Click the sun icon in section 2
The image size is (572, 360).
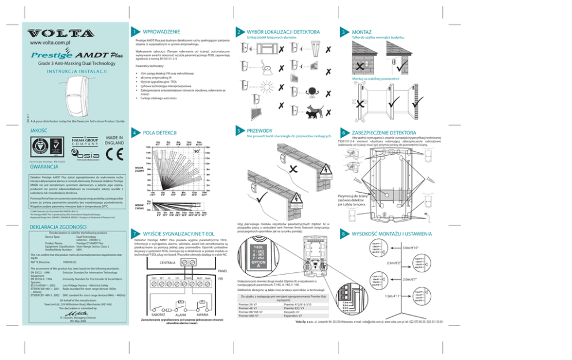[x=271, y=90]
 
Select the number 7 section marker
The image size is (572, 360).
[x=134, y=237]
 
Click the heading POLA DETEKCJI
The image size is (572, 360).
[x=160, y=132]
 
